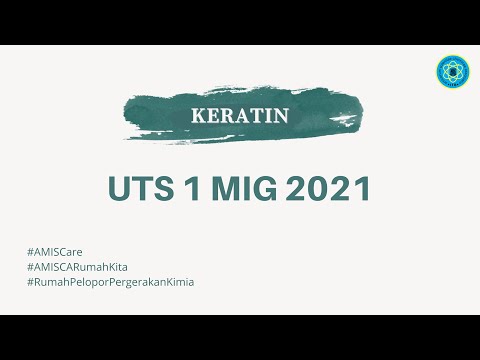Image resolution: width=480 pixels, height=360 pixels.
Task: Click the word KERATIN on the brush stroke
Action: (240, 116)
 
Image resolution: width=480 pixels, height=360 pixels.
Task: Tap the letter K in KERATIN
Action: (196, 116)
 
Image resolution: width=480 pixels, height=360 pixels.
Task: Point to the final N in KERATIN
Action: (282, 116)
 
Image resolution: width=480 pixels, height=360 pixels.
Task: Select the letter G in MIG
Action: (271, 189)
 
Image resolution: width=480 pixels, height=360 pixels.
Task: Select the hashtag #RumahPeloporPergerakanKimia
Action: (111, 282)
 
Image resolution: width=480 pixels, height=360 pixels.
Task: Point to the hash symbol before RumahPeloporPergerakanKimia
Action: (31, 282)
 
